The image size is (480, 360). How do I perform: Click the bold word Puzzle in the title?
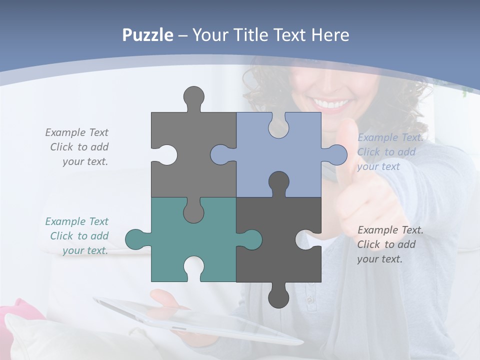click(x=148, y=35)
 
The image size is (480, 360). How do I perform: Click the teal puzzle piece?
click(x=165, y=245)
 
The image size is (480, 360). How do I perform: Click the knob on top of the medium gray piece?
click(x=193, y=96)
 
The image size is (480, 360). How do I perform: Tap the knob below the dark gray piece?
click(x=278, y=298)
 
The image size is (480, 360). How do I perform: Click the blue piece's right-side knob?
click(x=337, y=154)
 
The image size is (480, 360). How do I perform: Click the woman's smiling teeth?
click(x=331, y=104)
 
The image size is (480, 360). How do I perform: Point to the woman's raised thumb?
click(x=345, y=145)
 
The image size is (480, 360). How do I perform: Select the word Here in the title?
click(x=329, y=35)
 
